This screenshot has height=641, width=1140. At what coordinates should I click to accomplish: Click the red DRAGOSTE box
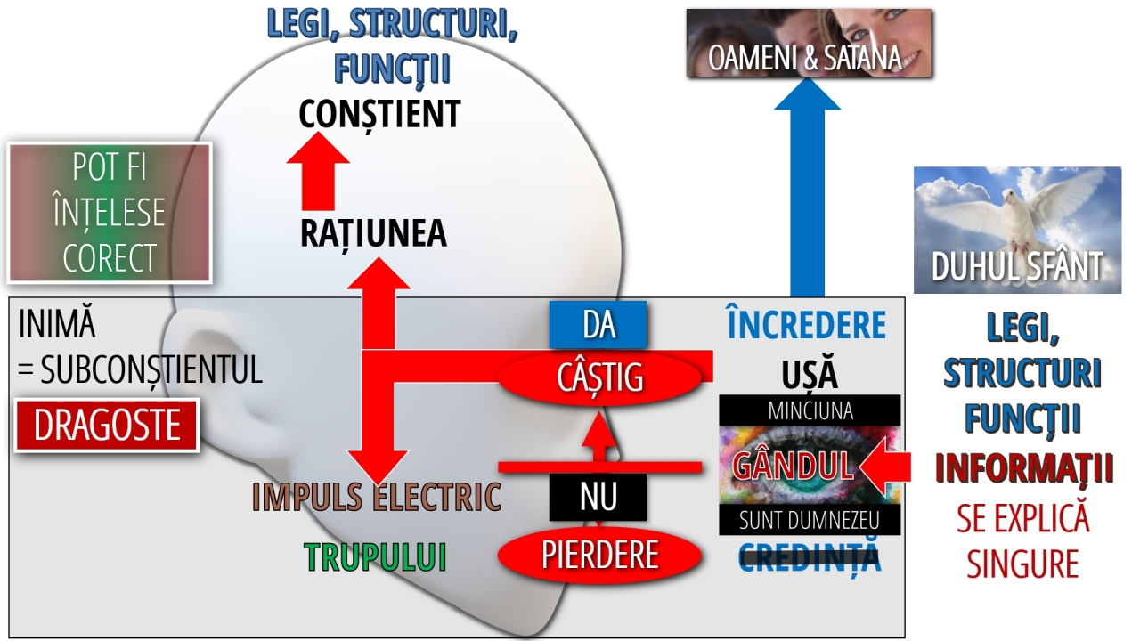tap(107, 426)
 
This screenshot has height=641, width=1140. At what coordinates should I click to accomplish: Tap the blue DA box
tap(598, 325)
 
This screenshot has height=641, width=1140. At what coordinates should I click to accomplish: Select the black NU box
tap(598, 497)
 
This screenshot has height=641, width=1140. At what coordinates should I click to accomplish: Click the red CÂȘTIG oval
tap(599, 377)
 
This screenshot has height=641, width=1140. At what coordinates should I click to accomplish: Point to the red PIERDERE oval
tap(599, 555)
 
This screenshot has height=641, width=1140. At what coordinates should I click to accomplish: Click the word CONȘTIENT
tap(379, 114)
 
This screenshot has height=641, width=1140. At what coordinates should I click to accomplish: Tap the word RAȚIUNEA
tap(373, 233)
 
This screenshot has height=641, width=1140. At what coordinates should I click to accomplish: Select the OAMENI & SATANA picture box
tap(809, 44)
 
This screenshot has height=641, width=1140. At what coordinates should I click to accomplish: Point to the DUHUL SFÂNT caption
tap(1017, 267)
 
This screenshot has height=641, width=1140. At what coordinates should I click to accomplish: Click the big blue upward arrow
tap(807, 187)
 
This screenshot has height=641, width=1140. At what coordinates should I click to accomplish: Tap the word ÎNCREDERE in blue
tap(807, 326)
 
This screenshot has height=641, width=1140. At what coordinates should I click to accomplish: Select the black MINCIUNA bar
tap(810, 410)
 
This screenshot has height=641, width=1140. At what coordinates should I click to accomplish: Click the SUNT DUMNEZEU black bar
tap(810, 520)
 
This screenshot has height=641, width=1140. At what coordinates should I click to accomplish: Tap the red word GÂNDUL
tap(793, 466)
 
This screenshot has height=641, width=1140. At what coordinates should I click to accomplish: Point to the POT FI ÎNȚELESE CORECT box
tap(109, 213)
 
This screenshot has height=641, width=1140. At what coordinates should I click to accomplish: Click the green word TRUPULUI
tap(375, 556)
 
